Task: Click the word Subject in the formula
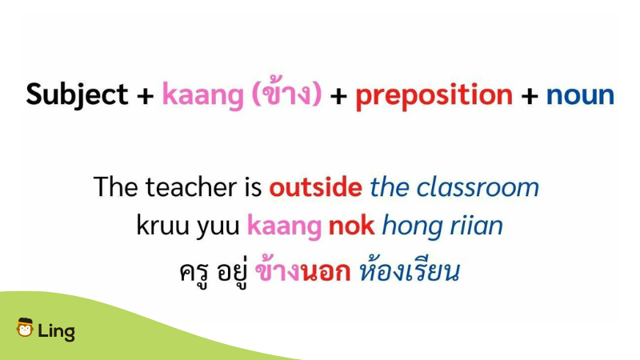(77, 95)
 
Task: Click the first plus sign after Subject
(146, 96)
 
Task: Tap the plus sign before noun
(530, 96)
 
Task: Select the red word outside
(315, 187)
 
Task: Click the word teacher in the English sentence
(191, 187)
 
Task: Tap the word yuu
(218, 227)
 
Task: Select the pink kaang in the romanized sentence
(284, 227)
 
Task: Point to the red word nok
(351, 225)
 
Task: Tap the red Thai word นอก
(326, 272)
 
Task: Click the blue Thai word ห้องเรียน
(410, 270)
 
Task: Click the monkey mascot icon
(25, 327)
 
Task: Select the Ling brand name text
(56, 331)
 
